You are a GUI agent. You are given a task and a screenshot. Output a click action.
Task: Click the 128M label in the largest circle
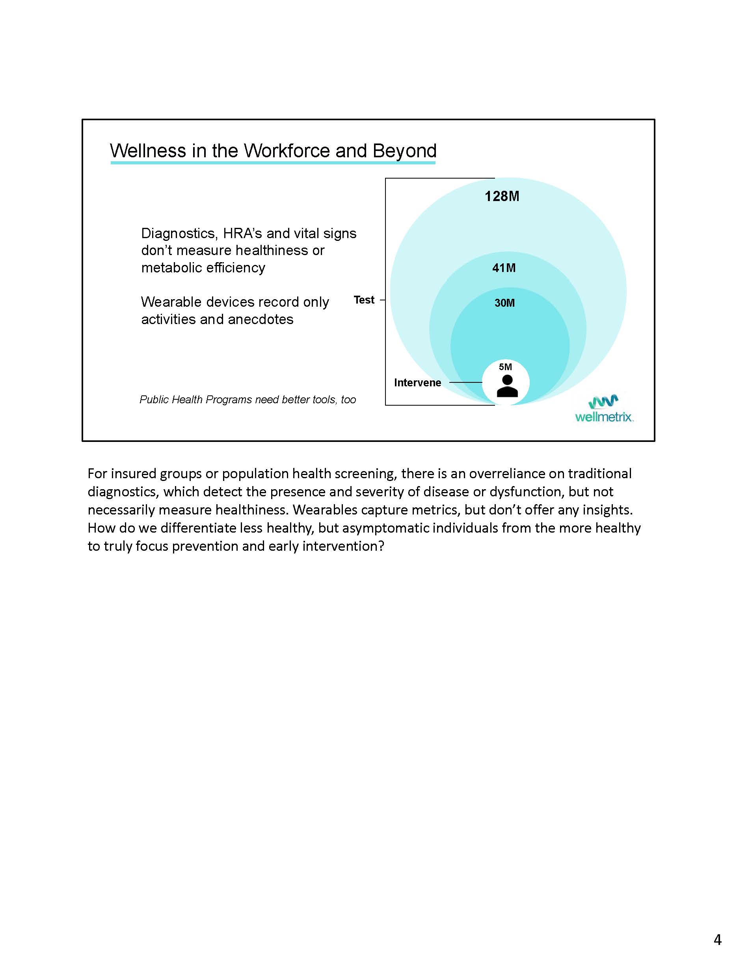502,196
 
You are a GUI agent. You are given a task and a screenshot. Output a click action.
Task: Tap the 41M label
504,268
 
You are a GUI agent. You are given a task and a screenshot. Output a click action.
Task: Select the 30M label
504,303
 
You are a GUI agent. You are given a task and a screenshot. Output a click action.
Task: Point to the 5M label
505,367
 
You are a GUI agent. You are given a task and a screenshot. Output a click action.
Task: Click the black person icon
507,386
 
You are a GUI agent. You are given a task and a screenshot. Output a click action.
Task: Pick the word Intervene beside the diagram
417,383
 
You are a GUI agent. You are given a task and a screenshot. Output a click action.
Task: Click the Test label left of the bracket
364,300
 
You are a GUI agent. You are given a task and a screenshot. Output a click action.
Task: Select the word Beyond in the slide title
404,151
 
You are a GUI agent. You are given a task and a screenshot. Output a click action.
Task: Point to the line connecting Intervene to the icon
465,383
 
